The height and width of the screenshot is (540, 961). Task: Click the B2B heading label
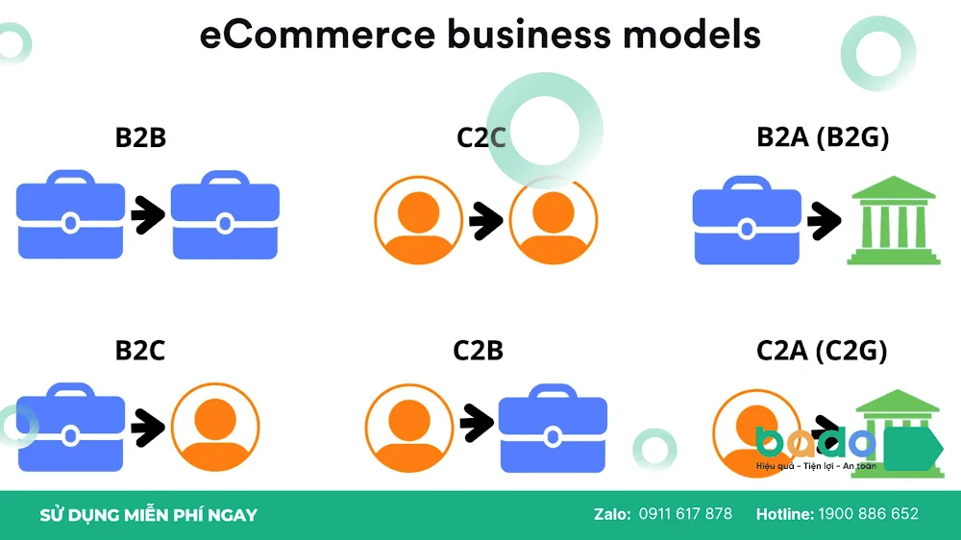(140, 137)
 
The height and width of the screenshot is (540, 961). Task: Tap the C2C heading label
(481, 137)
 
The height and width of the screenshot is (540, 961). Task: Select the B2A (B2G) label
(823, 137)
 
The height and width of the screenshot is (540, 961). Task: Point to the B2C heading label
(139, 351)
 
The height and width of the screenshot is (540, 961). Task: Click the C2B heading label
(478, 351)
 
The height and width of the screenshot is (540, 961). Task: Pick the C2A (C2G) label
(822, 351)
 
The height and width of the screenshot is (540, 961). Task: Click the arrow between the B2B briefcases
(148, 214)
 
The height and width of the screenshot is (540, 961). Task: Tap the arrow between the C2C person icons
(486, 220)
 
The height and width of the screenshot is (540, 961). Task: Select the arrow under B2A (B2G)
(825, 220)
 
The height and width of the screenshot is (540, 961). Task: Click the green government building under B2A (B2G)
(894, 221)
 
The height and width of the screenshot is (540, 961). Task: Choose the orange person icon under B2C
(215, 428)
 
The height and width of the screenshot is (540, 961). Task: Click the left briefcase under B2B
(70, 214)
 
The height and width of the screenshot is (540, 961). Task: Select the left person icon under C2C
(419, 220)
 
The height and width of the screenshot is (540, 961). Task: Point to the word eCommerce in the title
(317, 35)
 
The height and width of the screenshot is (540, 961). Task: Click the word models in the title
(692, 35)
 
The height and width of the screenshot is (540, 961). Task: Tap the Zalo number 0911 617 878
(685, 514)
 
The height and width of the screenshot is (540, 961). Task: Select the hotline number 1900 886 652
(869, 514)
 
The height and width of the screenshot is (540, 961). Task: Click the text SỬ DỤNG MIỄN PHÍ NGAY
(148, 515)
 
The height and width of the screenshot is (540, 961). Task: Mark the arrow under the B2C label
(148, 428)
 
